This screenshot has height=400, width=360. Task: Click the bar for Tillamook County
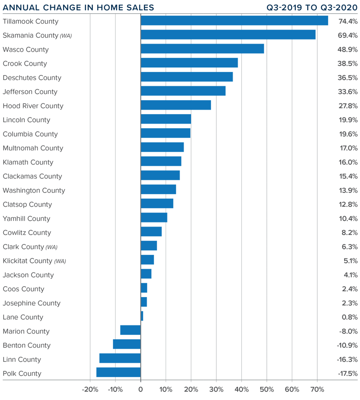[234, 21]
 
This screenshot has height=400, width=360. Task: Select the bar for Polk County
[118, 373]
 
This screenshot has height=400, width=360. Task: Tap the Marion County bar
[130, 330]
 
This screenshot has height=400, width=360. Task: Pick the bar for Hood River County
[175, 106]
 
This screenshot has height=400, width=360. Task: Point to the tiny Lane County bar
[142, 316]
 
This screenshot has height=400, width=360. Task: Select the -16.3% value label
[347, 359]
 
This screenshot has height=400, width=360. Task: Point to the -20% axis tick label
[90, 390]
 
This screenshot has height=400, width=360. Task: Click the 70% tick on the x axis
[317, 390]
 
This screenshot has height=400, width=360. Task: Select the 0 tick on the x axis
[140, 390]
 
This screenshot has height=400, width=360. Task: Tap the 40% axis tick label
[242, 390]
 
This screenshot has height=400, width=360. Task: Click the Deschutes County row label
[32, 78]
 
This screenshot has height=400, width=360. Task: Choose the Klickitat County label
[27, 261]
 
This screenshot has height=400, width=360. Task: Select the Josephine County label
[31, 303]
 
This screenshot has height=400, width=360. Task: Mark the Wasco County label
[26, 49]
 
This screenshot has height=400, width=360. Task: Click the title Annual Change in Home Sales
[78, 8]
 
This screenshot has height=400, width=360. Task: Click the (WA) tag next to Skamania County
[66, 36]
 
